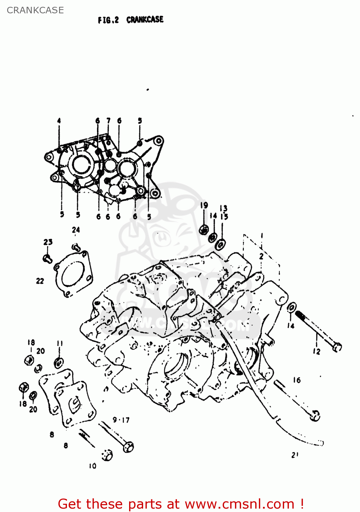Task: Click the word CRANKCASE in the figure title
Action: [145, 19]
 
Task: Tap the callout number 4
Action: [59, 120]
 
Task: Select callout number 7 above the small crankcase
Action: [108, 120]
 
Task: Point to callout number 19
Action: [204, 205]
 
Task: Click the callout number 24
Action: [76, 230]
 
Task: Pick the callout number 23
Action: [48, 242]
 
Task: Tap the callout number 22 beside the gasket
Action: [40, 281]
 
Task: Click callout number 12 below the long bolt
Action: [317, 351]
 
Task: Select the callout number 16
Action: [296, 380]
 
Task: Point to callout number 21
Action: [295, 455]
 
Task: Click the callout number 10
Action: [93, 466]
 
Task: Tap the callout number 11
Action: [60, 343]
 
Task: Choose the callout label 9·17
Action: [121, 420]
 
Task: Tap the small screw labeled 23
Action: [47, 258]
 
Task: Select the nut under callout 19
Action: [204, 230]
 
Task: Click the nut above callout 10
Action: [107, 455]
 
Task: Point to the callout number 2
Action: [261, 256]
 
